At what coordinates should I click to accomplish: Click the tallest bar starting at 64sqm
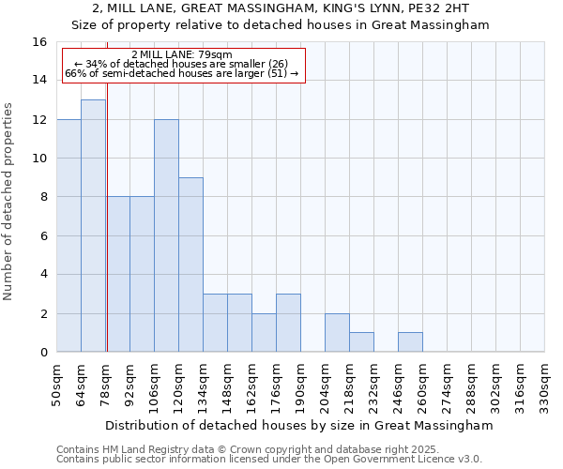pyautogui.click(x=93, y=225)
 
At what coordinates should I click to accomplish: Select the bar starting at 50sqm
pyautogui.click(x=68, y=235)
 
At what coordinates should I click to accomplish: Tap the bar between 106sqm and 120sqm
pyautogui.click(x=166, y=235)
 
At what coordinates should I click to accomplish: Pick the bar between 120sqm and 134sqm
pyautogui.click(x=190, y=265)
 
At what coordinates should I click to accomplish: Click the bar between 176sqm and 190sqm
pyautogui.click(x=288, y=323)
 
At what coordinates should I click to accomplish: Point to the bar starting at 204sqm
pyautogui.click(x=337, y=333)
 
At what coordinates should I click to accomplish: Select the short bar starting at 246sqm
pyautogui.click(x=410, y=342)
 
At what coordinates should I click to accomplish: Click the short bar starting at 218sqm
pyautogui.click(x=361, y=342)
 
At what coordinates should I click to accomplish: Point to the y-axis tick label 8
pyautogui.click(x=42, y=197)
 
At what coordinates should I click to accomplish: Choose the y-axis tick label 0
pyautogui.click(x=42, y=352)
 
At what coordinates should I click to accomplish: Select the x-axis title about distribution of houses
pyautogui.click(x=299, y=425)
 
